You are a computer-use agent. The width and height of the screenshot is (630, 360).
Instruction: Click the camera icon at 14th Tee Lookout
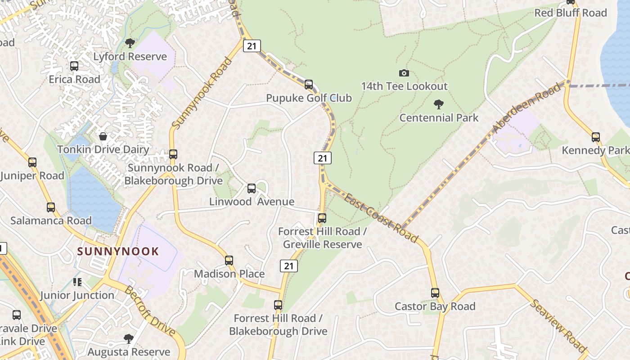click(x=404, y=73)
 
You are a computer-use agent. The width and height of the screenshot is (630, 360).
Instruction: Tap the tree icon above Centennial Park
click(x=438, y=105)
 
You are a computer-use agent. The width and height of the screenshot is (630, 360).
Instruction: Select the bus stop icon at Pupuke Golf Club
click(x=308, y=85)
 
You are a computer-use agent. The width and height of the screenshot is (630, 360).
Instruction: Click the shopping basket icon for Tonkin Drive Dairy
click(x=103, y=136)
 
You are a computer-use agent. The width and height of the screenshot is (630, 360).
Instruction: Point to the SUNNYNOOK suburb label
click(x=118, y=251)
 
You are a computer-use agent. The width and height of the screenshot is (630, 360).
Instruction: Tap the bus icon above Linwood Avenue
click(x=252, y=189)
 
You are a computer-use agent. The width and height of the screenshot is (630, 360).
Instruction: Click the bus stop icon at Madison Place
click(x=229, y=261)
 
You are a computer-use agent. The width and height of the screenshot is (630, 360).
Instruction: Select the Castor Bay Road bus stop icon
click(x=435, y=293)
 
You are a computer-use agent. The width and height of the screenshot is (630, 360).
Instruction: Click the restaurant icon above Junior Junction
click(x=77, y=282)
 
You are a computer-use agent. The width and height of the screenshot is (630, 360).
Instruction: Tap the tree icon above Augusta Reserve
click(x=129, y=338)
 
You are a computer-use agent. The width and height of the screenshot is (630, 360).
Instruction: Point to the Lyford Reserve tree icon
click(x=130, y=43)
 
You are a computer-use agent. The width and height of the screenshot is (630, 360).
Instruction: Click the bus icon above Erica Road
click(x=74, y=66)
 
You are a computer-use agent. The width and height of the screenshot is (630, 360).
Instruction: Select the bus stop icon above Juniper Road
click(x=32, y=162)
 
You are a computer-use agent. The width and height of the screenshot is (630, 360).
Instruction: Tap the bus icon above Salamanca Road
click(x=51, y=207)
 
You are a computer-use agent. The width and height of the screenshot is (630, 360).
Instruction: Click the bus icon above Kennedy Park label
click(x=595, y=137)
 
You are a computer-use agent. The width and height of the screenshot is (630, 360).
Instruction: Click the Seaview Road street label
click(x=558, y=325)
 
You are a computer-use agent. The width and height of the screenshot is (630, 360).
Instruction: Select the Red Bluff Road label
click(x=570, y=13)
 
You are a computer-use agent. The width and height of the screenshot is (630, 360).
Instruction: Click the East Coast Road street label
click(x=381, y=218)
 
